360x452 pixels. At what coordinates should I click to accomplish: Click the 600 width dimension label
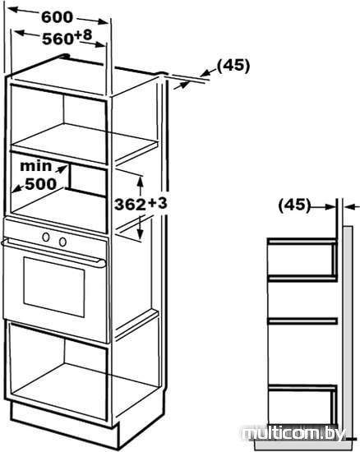[x=57, y=17]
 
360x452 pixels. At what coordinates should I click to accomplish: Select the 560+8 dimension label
[x=67, y=37]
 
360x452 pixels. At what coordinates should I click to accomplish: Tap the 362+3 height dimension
[x=141, y=204]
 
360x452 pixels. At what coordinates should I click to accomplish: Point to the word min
[x=35, y=166]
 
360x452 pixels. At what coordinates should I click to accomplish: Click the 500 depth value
[x=40, y=184]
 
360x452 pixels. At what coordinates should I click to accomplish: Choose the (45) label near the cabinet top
[x=233, y=66]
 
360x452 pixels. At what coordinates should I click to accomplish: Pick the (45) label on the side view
[x=294, y=205]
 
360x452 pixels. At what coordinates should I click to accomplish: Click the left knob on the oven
[x=46, y=237]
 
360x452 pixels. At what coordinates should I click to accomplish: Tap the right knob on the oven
[x=62, y=242]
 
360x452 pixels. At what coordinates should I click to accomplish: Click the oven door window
[x=54, y=287]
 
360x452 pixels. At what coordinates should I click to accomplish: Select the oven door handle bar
[x=53, y=252]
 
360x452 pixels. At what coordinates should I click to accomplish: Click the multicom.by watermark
[x=293, y=434]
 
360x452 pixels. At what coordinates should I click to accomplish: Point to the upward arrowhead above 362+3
[x=141, y=181]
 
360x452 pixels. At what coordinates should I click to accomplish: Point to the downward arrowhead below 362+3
[x=141, y=234]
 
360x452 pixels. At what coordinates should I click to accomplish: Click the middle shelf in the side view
[x=302, y=321]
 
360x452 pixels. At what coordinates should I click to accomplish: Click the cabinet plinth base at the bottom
[x=65, y=425]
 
